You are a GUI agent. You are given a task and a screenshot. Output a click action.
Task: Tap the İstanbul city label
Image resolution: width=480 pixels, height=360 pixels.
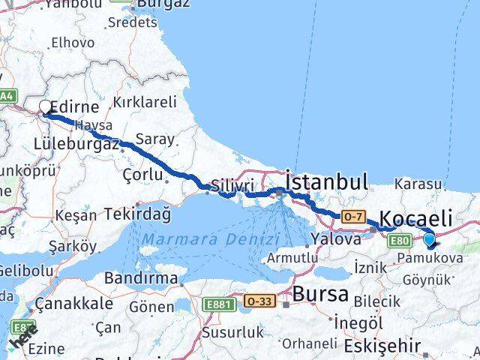pos(327,182)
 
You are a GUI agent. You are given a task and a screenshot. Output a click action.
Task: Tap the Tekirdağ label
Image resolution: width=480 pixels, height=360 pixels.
pos(138,214)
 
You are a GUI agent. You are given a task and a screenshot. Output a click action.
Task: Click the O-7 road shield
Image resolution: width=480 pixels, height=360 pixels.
pos(352,216)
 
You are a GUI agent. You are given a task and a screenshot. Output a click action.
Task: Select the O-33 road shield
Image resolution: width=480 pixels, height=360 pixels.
pos(258,301)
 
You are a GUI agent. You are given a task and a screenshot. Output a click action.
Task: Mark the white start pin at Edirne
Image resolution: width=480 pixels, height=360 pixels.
pos(46,108)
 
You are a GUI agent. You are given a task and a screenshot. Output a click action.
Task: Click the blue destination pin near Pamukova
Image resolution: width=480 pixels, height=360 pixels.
pos(430,240)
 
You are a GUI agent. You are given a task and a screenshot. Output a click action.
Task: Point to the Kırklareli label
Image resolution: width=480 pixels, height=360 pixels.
pos(144,102)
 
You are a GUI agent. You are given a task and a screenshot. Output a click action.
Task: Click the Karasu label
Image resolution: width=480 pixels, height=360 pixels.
pos(420,184)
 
